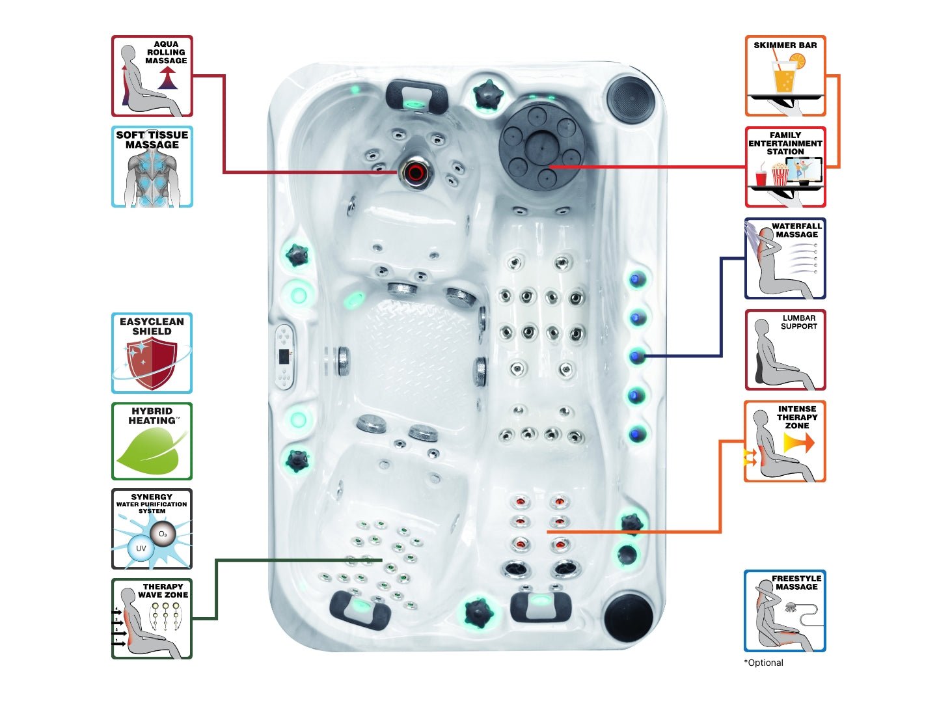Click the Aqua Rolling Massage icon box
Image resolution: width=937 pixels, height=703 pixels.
[152, 76]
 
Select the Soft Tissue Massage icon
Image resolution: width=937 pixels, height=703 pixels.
[152, 167]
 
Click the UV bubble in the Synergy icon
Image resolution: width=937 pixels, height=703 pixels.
[141, 548]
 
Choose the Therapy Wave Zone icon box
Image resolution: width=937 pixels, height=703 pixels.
[152, 618]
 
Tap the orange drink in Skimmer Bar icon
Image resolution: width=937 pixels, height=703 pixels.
[784, 79]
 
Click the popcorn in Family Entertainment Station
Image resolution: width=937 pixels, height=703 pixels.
[780, 174]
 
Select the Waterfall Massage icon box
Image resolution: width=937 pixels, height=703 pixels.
[785, 258]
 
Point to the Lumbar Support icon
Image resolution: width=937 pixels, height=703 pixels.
[785, 350]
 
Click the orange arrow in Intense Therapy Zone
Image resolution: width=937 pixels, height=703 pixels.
[799, 443]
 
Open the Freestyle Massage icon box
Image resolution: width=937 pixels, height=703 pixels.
[785, 611]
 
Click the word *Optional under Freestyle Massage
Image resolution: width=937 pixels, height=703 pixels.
[764, 663]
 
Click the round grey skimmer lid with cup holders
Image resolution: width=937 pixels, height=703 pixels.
[540, 145]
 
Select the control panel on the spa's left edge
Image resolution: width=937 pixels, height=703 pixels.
[284, 357]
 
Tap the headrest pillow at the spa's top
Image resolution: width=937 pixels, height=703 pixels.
[416, 95]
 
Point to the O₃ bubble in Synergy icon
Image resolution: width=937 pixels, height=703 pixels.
[163, 534]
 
